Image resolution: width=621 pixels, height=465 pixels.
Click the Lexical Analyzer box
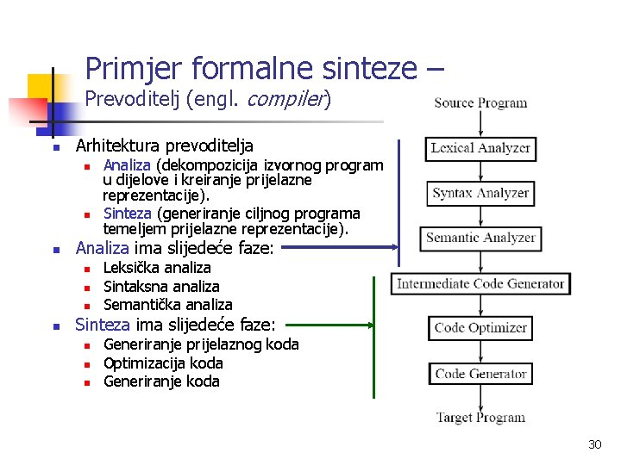tap(480, 148)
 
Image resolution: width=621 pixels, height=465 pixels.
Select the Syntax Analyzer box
tap(480, 194)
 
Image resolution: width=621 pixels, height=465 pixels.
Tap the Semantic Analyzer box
tap(480, 238)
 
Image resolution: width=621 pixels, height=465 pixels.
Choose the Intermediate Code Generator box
tap(480, 283)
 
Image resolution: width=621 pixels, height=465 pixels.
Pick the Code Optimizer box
tap(480, 328)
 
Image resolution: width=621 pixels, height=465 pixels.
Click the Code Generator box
tap(480, 374)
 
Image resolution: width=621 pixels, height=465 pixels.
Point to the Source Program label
tap(480, 103)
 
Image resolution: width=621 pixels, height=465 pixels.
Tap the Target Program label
tap(480, 418)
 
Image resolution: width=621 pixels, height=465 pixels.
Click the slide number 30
tap(594, 444)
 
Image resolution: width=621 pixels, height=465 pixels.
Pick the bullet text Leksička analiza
tap(157, 268)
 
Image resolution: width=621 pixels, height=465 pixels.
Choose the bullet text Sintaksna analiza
tap(161, 286)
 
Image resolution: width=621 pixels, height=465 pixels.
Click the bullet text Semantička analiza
tap(167, 304)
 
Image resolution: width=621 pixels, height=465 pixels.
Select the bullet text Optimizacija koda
tap(163, 363)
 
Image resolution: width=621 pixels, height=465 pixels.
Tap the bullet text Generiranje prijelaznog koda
tap(201, 344)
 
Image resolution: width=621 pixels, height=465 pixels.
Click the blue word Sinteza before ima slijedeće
tap(103, 325)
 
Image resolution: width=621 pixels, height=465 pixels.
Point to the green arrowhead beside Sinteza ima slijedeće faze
tap(373, 325)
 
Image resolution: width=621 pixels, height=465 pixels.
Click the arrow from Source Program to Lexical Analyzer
tap(480, 124)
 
